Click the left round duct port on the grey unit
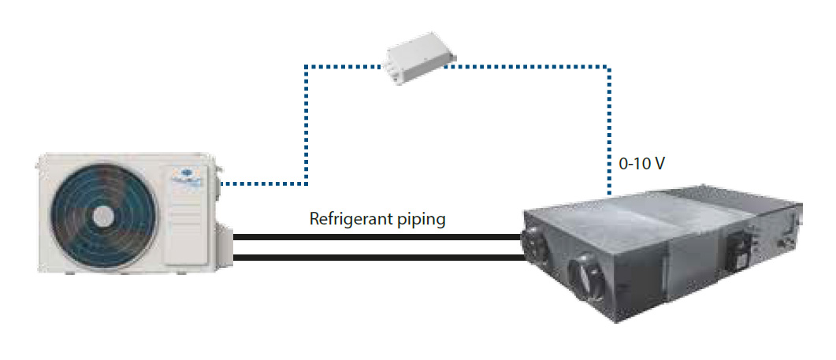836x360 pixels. pos(538,243)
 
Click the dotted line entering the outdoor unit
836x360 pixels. pos(260,184)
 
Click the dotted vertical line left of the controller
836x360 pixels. pos(306,126)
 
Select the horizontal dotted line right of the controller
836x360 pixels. pos(528,67)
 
